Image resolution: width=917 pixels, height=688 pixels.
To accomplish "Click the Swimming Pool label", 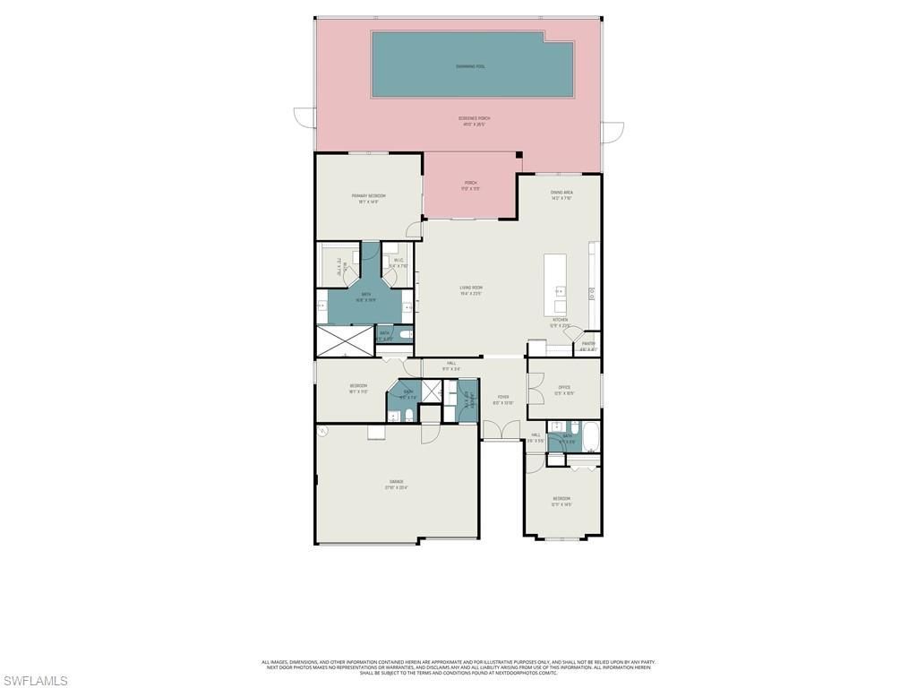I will [x=470, y=66].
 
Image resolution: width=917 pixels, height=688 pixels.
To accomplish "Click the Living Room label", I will [x=471, y=289].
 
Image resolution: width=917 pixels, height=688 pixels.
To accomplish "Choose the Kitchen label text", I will [x=560, y=322].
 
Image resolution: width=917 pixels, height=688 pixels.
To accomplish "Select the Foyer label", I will [x=502, y=400].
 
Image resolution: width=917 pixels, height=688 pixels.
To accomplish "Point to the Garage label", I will [x=396, y=484].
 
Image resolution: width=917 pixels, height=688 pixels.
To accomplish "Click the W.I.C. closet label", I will [x=399, y=262].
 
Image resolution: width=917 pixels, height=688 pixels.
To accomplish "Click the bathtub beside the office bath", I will [x=590, y=438].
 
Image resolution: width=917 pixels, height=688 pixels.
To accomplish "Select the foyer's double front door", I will [x=501, y=432].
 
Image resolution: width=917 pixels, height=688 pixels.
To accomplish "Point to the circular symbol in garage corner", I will [x=323, y=431].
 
